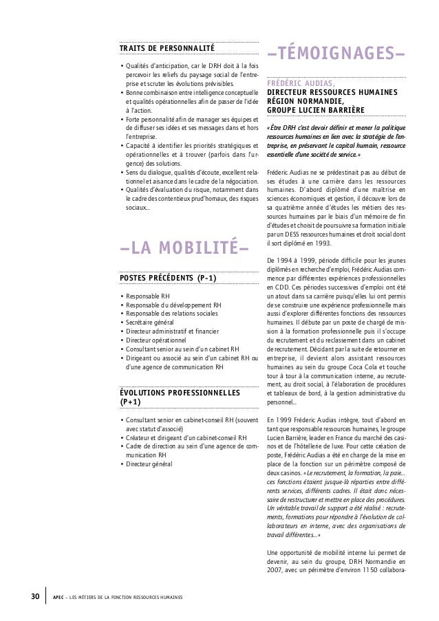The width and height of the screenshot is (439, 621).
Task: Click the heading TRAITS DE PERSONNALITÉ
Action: [167, 47]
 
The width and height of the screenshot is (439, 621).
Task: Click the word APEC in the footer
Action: [59, 596]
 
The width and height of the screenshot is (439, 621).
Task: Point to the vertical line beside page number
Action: [45, 595]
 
